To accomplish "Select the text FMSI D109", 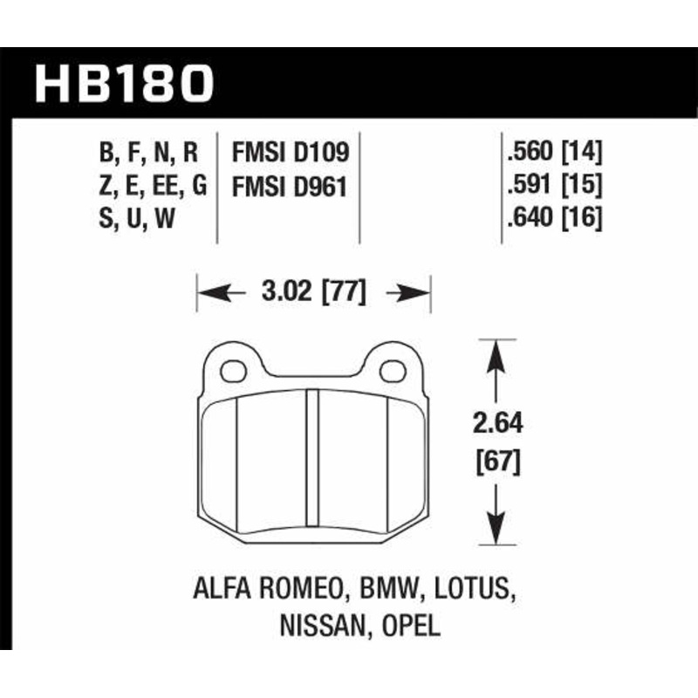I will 291,154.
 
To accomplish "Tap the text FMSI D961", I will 291,186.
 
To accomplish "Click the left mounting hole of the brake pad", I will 233,371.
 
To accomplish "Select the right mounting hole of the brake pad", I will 393,371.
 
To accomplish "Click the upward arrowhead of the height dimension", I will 496,353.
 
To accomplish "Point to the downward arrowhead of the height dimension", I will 496,527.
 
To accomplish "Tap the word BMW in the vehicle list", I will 385,593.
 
